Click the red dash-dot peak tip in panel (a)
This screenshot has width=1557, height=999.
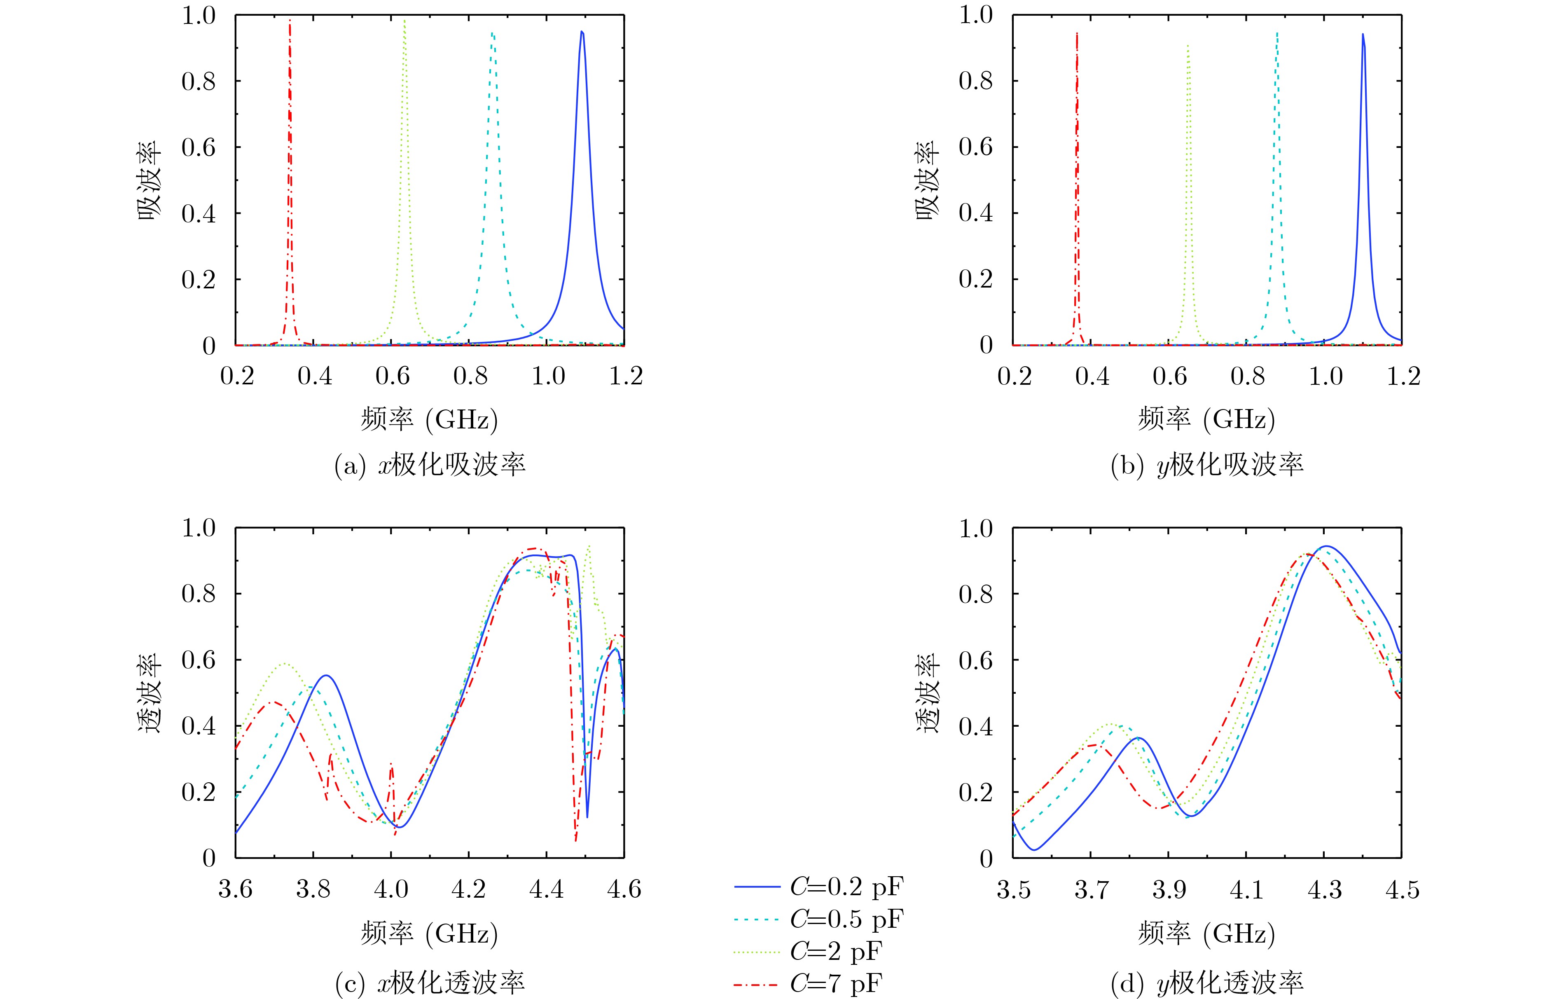tap(290, 21)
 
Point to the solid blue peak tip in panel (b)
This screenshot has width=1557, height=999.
tap(1363, 34)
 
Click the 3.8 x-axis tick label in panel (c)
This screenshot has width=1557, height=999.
tap(313, 889)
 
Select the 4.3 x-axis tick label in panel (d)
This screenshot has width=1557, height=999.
tap(1324, 889)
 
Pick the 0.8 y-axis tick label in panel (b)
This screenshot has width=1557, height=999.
tap(976, 81)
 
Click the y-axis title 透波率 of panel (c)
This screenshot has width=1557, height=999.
tap(150, 693)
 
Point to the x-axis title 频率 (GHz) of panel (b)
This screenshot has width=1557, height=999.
tap(1207, 420)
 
